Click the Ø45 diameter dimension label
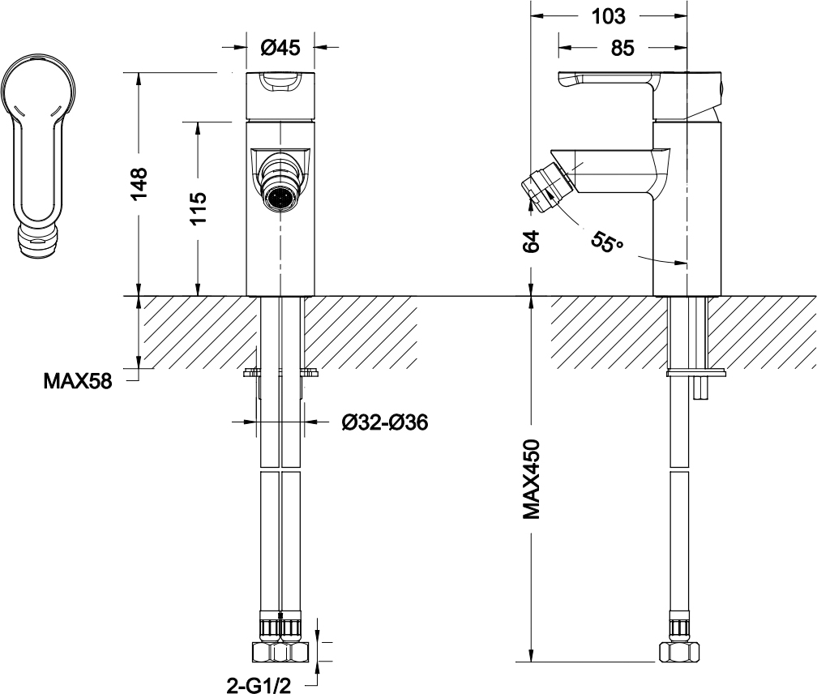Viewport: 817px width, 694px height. (280, 48)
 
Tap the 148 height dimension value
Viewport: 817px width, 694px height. (139, 183)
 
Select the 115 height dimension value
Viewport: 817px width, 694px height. (198, 208)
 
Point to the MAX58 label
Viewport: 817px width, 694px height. (78, 381)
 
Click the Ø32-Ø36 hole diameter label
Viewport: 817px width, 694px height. (384, 422)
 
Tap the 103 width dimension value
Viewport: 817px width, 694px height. (608, 17)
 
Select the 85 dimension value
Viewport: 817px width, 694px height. (622, 48)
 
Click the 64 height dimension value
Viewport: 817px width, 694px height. (531, 242)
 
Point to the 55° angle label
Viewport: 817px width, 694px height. (607, 242)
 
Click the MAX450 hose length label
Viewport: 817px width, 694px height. (531, 479)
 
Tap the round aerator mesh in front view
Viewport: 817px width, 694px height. (280, 198)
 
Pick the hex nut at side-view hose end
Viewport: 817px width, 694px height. (679, 652)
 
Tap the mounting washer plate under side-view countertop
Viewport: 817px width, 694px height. (695, 372)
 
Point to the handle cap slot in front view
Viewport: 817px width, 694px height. (280, 84)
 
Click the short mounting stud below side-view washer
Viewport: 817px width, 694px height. (701, 388)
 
